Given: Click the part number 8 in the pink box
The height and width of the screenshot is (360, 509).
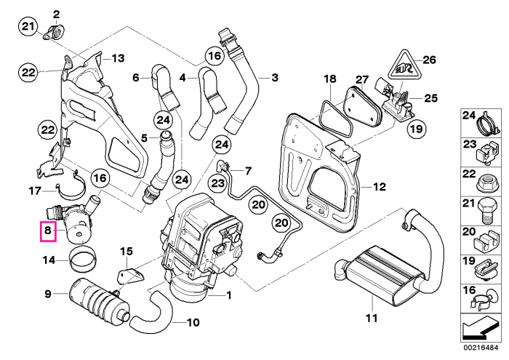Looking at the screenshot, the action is (x=48, y=231).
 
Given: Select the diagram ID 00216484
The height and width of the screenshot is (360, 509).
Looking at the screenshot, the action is (x=481, y=348).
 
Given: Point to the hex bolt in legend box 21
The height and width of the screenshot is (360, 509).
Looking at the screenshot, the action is (x=486, y=211).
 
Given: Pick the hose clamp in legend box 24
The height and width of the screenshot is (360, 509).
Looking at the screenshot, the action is (x=487, y=124).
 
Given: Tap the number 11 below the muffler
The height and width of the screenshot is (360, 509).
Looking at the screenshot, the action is (x=372, y=318).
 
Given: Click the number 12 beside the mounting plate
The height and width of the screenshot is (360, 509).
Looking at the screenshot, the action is (x=379, y=187).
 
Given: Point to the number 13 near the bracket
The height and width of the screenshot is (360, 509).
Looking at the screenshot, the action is (x=118, y=58).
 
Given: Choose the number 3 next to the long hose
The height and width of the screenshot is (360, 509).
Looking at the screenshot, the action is (x=275, y=78).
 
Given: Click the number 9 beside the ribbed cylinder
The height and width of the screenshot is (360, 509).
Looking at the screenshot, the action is (x=48, y=294).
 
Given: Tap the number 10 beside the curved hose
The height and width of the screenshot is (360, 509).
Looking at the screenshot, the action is (x=193, y=322).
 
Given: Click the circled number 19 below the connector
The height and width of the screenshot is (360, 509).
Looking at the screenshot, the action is (x=417, y=129).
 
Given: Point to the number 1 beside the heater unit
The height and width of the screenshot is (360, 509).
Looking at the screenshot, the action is (x=229, y=295).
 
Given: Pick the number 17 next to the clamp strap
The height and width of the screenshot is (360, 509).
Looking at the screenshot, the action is (x=35, y=191).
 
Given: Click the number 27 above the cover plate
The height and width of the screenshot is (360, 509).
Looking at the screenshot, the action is (x=362, y=80).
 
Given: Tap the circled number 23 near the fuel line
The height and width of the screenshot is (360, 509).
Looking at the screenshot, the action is (x=218, y=183).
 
